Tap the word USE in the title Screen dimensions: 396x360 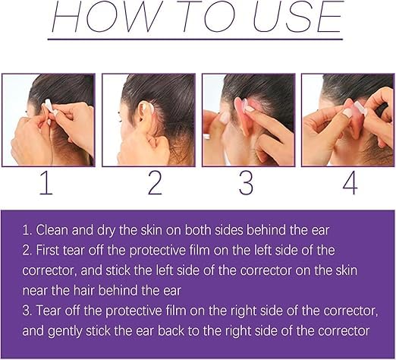298,17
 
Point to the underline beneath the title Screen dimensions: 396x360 195,39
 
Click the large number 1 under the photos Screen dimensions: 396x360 46,182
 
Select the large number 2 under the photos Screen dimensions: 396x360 155,182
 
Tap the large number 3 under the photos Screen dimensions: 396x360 246,182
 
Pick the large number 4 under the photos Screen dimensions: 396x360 350,182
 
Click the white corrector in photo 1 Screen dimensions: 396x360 49,106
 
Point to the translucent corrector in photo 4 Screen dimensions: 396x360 361,109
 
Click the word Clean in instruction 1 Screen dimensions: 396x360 52,230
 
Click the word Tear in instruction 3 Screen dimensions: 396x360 49,311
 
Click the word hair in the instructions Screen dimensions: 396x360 83,290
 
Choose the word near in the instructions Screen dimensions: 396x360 35,291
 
